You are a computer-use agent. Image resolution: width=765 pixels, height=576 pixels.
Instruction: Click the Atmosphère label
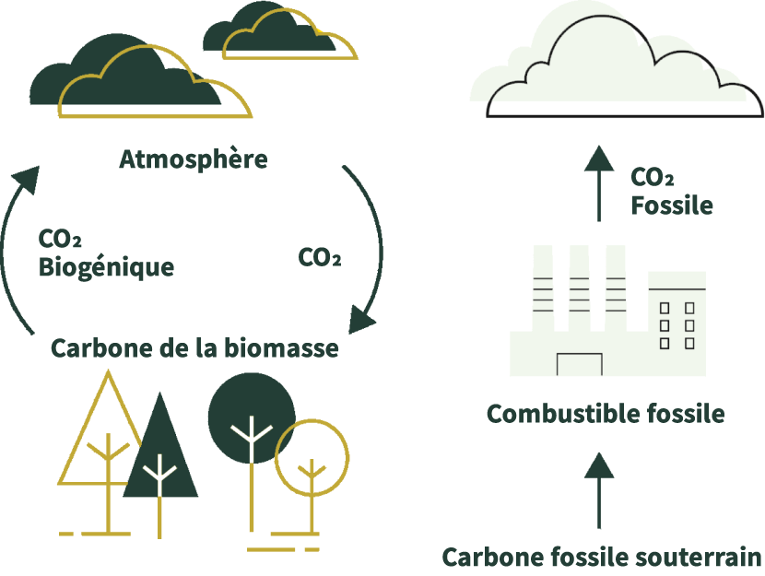[x=194, y=159]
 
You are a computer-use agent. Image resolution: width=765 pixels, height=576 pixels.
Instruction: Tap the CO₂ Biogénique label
[x=106, y=253]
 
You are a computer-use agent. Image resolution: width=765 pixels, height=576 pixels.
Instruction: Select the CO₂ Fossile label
[x=672, y=191]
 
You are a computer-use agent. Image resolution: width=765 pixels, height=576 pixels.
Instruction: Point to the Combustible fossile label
[x=605, y=414]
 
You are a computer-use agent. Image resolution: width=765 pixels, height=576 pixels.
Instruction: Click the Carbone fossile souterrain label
[x=602, y=558]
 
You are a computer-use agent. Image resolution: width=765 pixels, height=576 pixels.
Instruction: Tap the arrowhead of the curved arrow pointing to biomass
[x=362, y=323]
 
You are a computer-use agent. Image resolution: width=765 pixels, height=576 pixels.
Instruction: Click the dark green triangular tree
[x=161, y=452]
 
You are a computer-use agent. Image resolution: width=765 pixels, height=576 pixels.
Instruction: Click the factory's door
[x=579, y=365]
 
